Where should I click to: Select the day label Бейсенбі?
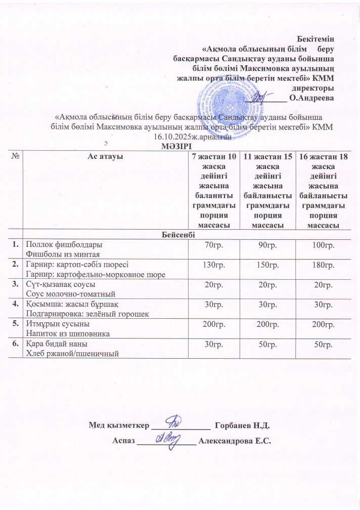[180, 235]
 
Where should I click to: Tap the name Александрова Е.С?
[235, 441]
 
